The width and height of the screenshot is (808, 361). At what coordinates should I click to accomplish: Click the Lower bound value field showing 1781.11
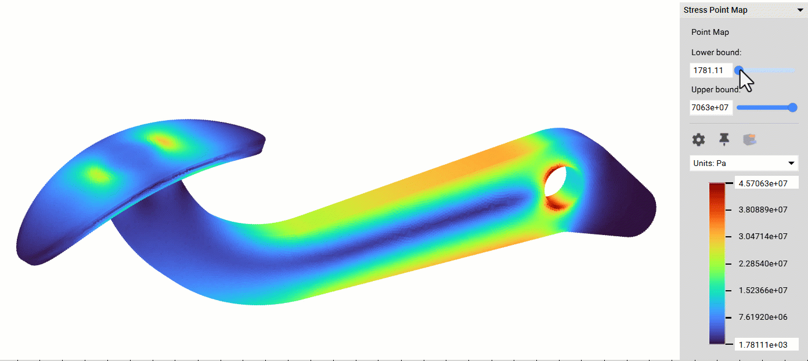(710, 70)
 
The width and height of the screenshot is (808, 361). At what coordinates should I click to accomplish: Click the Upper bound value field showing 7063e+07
(710, 107)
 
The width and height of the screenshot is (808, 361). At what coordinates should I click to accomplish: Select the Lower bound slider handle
(738, 70)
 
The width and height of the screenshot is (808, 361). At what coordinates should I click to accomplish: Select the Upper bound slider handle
(793, 107)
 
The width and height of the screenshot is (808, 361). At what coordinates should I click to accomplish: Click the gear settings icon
(699, 139)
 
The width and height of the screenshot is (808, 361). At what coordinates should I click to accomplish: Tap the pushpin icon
(724, 139)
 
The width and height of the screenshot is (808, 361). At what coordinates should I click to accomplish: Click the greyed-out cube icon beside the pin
(750, 139)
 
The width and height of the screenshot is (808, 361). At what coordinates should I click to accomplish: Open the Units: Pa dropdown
(744, 163)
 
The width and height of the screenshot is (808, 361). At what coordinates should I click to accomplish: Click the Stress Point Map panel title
(715, 10)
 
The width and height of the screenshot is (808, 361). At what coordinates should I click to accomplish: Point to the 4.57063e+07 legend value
(766, 183)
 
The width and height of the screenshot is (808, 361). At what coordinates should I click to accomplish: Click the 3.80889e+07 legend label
(763, 210)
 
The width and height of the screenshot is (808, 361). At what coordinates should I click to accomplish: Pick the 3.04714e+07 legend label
(763, 236)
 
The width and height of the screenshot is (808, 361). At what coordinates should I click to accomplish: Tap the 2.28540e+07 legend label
(763, 263)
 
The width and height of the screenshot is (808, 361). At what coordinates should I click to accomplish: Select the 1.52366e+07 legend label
(763, 290)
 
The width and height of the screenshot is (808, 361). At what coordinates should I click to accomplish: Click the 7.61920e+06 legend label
(763, 317)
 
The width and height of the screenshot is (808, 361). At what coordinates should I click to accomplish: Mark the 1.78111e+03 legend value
(766, 344)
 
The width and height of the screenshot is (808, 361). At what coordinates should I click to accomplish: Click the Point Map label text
(710, 32)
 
